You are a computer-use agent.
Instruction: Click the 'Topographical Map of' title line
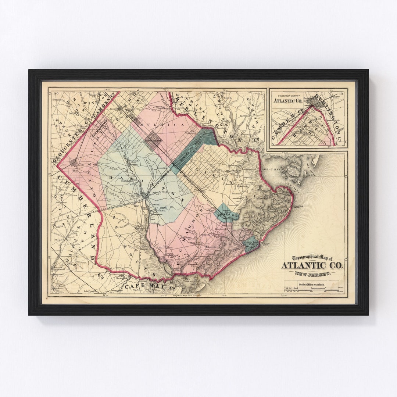pos(312,258)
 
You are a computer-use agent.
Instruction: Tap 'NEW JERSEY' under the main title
pos(312,273)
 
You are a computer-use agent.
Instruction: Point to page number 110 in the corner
pos(56,93)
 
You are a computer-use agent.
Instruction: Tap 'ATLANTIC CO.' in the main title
pos(312,266)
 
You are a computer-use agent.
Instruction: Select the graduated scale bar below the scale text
pos(312,290)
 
